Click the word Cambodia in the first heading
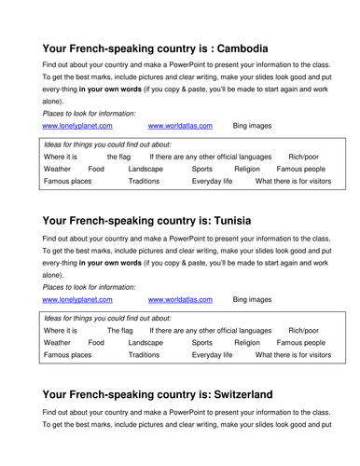click(x=232, y=48)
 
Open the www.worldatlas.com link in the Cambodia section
click(x=180, y=125)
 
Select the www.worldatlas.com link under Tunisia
click(x=180, y=299)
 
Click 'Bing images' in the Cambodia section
click(x=252, y=125)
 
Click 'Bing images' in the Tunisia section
click(x=252, y=299)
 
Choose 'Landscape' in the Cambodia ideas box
click(x=145, y=169)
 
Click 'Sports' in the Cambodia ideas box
click(x=201, y=169)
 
